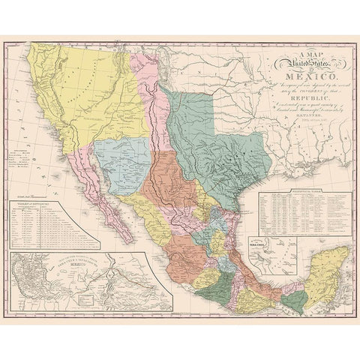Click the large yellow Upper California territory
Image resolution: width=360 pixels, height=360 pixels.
pos(90,97)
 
